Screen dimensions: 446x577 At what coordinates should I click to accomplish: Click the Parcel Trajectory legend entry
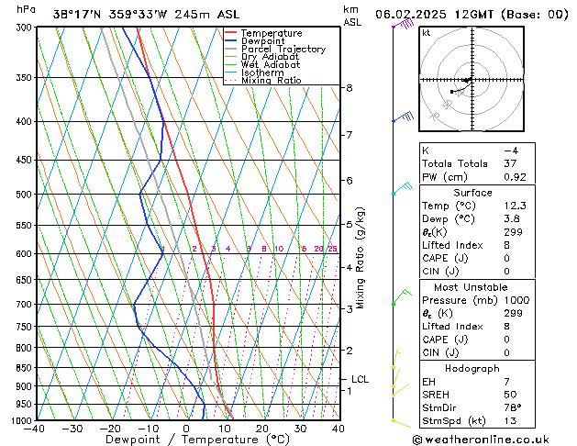[x=283, y=50]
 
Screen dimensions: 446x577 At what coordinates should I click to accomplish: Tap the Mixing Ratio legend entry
[x=271, y=81]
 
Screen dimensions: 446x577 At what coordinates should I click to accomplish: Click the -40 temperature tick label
[x=35, y=429]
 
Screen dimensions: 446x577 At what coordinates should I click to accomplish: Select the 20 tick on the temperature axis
[x=262, y=429]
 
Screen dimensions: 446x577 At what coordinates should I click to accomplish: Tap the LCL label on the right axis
[x=361, y=379]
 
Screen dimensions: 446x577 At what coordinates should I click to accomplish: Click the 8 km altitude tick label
[x=350, y=88]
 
